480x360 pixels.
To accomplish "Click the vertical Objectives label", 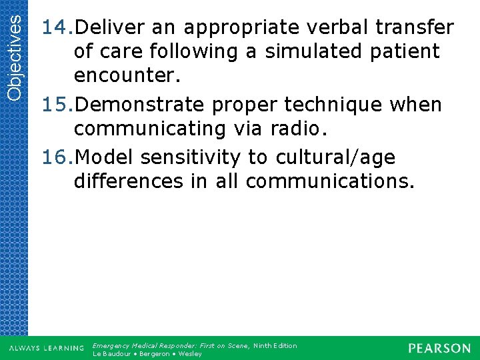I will pyautogui.click(x=13, y=51).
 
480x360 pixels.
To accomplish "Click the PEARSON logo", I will pyautogui.click(x=439, y=348).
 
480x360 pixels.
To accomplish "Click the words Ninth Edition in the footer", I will pyautogui.click(x=275, y=345).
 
